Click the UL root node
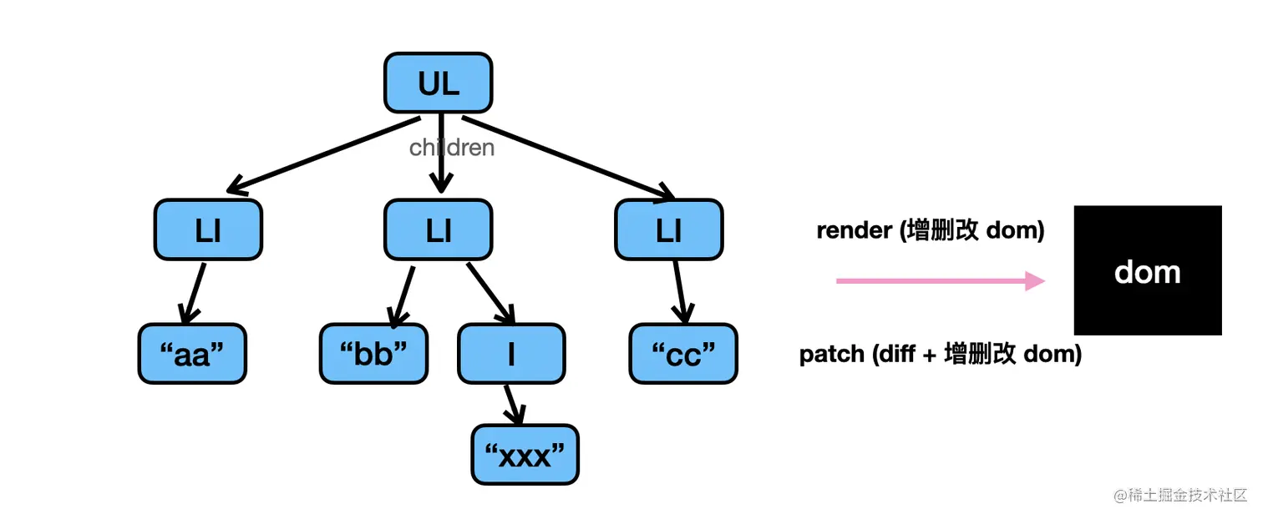438,83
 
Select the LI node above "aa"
208,229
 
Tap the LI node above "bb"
438,229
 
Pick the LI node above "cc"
669,229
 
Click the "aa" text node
192,354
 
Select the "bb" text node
373,354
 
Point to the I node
511,354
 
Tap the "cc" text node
683,354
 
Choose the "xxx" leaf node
525,454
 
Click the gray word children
452,148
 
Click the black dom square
1148,270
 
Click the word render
855,230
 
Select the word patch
832,355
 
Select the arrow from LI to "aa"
193,293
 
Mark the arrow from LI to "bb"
402,296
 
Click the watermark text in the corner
1179,495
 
